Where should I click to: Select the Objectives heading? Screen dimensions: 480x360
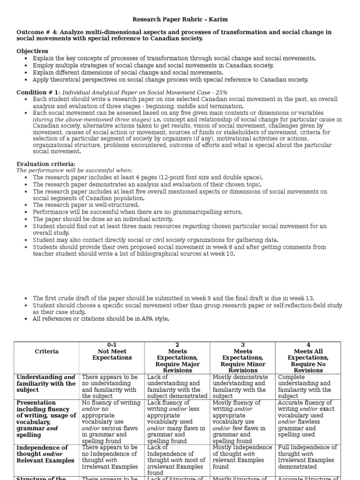click(x=32, y=51)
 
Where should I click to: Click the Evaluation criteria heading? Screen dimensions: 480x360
click(x=45, y=164)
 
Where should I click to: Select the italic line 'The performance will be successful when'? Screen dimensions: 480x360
click(x=75, y=171)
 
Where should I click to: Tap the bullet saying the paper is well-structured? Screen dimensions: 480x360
click(x=86, y=205)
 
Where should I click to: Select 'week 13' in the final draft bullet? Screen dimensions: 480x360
click(x=302, y=298)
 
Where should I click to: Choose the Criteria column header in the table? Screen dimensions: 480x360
click(x=46, y=351)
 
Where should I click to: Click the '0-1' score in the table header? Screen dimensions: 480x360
click(x=112, y=345)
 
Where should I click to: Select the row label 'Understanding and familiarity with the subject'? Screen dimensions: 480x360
click(x=46, y=383)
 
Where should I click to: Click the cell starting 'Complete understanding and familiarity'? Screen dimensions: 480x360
click(x=307, y=386)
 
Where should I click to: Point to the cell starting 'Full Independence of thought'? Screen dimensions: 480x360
click(x=307, y=457)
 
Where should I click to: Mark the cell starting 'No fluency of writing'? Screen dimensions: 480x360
click(x=112, y=421)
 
